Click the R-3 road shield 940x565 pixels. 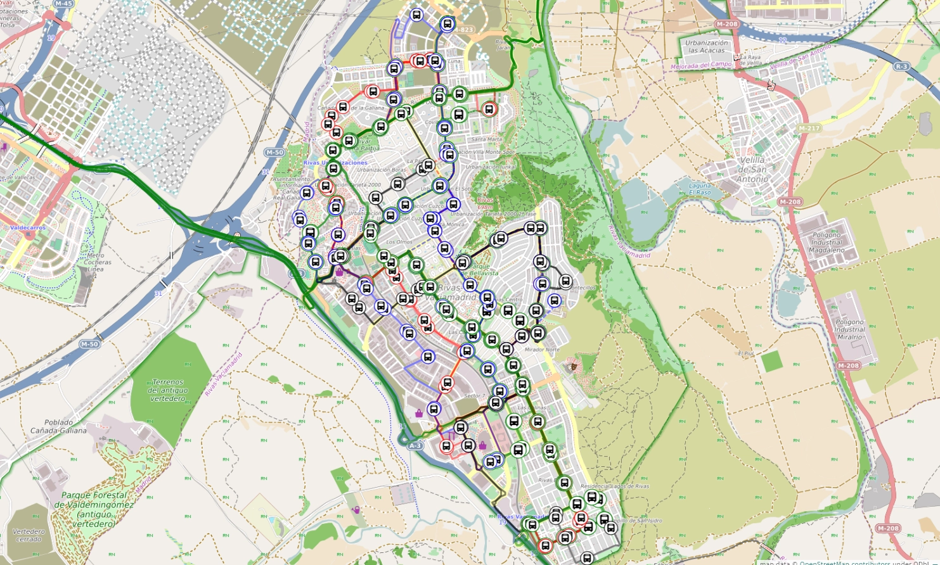901,67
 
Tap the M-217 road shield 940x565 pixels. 809,128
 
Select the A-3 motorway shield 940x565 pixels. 415,446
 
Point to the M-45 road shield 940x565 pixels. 63,4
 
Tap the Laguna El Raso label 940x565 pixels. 700,189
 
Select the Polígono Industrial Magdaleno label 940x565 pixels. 827,242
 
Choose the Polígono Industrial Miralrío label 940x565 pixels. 849,329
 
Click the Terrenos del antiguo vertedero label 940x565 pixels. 168,390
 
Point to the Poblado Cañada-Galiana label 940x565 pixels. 58,426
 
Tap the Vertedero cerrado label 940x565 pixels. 29,535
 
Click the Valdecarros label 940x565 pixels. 28,227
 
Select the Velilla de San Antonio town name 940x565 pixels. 752,169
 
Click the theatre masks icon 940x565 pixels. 572,366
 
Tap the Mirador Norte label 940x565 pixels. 542,350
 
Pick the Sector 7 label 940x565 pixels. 474,396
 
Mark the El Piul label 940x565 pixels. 745,353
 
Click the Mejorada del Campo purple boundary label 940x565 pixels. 701,65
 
